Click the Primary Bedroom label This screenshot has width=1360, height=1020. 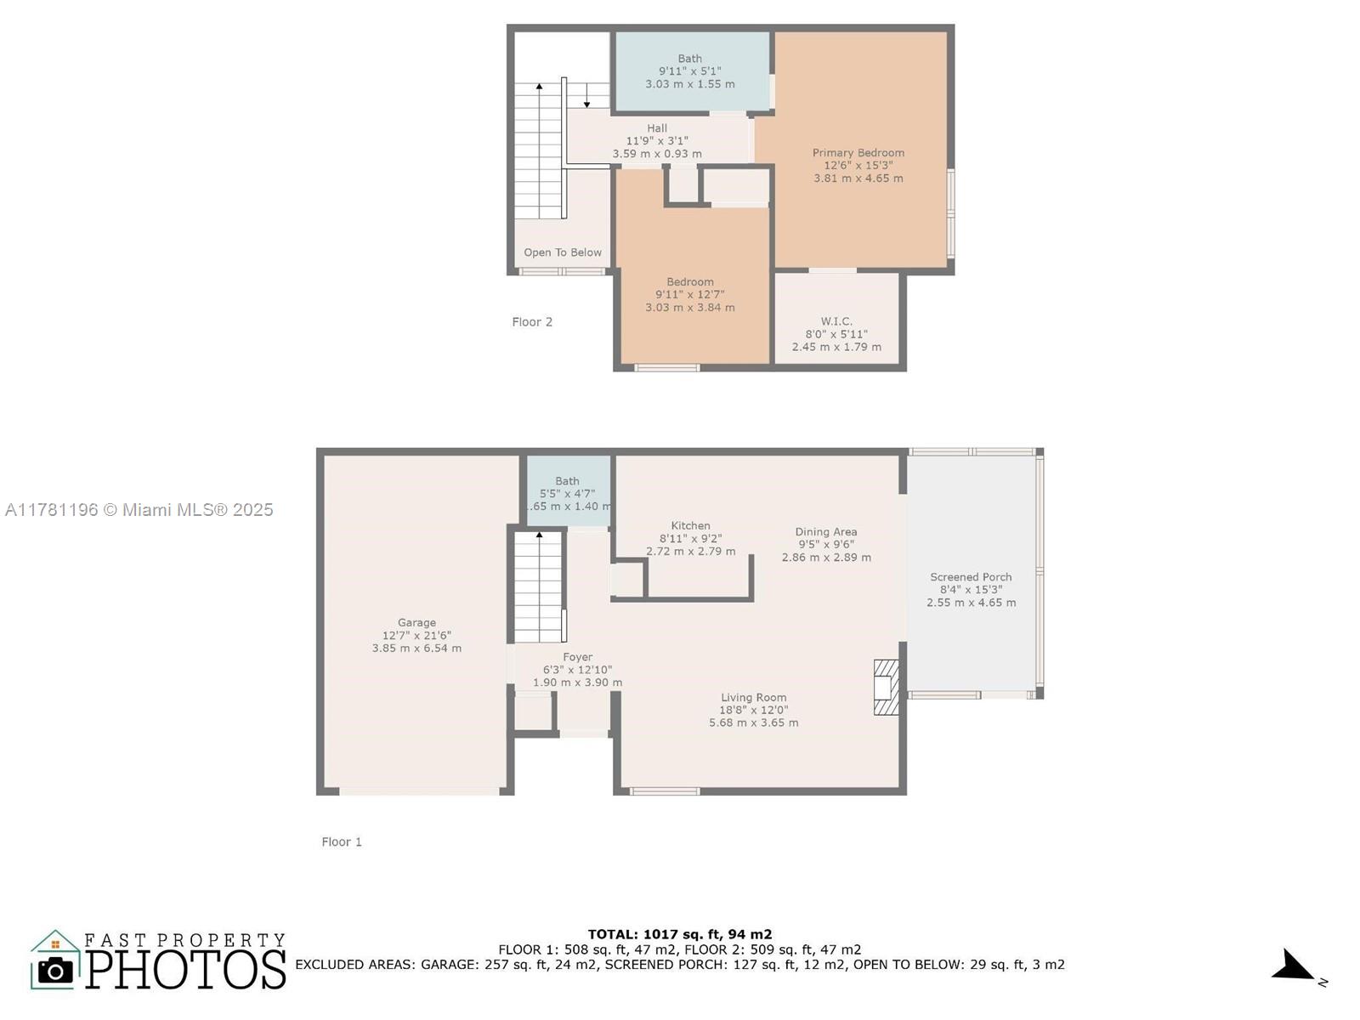point(858,152)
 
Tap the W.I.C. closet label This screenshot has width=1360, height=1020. point(836,321)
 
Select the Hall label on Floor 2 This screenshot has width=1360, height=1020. point(657,128)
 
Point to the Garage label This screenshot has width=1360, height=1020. point(416,622)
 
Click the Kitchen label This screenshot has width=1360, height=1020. point(690,525)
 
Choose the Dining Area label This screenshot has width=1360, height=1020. point(826,531)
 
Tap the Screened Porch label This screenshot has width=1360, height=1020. point(971,576)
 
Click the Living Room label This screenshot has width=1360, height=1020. point(753,697)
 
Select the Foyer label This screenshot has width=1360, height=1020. point(577,657)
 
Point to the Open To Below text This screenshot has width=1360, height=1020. point(563,252)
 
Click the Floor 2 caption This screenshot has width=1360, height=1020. point(531,321)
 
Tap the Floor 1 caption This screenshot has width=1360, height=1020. point(342,841)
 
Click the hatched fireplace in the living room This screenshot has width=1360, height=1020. point(886,688)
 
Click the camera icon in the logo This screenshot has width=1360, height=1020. point(55,971)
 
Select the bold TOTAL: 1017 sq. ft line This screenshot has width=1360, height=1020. point(680,934)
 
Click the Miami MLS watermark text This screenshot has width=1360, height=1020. point(139,510)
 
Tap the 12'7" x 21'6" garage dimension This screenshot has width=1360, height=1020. point(416,636)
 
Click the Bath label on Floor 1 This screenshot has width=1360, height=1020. point(567,480)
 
